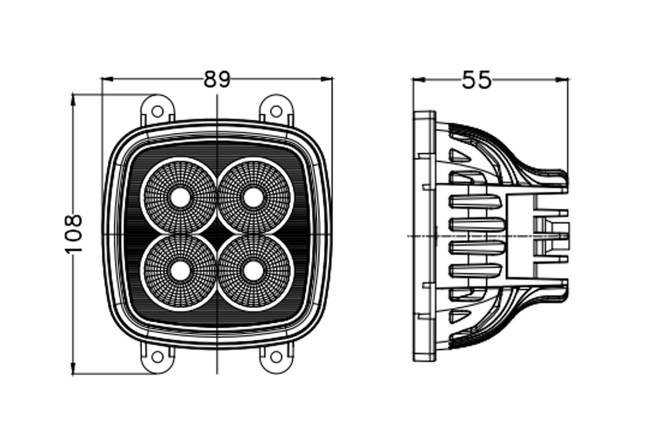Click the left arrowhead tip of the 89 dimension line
click(102, 78)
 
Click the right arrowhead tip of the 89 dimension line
click(333, 78)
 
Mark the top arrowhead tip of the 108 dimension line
click(73, 95)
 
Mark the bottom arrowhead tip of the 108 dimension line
click(73, 374)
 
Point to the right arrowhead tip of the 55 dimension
click(568, 78)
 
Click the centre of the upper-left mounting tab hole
click(158, 112)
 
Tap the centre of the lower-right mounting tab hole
click(276, 357)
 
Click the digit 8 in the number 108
click(73, 222)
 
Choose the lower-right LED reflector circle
click(254, 271)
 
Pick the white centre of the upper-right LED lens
click(254, 197)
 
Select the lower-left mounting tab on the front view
click(158, 357)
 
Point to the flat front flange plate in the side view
click(424, 236)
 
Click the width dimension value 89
click(217, 79)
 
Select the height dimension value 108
click(73, 234)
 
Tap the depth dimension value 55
click(477, 80)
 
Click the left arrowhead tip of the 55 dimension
click(413, 78)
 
